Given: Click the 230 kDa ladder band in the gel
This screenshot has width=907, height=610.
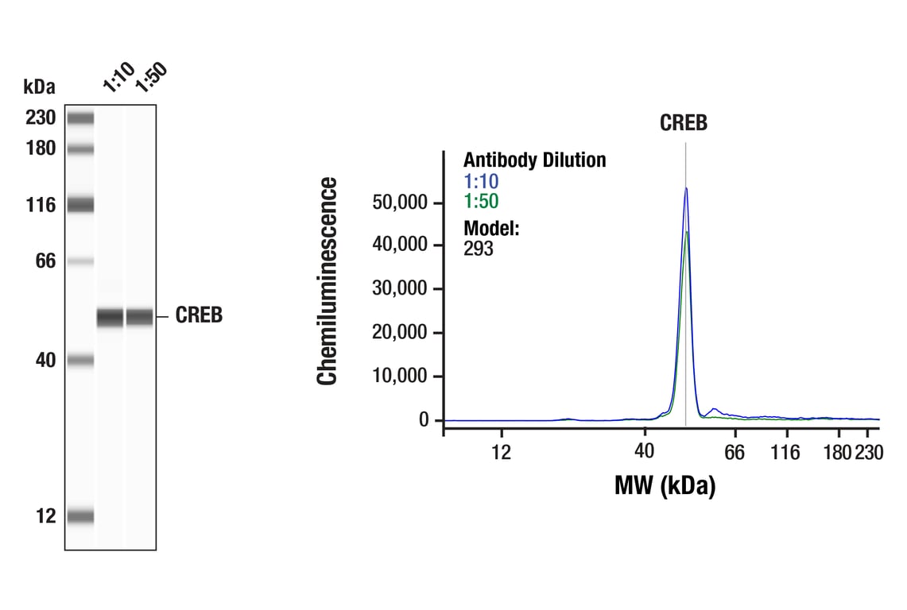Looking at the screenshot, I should point(80,118).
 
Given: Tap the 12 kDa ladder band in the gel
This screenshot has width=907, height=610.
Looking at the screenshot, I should point(80,516).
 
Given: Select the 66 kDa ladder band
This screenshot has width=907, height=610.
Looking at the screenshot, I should point(80,261).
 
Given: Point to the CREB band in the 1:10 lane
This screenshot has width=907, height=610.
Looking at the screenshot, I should point(110,317).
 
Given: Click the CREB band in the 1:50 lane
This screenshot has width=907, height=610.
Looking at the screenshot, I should point(140,317).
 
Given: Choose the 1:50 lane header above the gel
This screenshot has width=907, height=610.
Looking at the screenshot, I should point(150,77).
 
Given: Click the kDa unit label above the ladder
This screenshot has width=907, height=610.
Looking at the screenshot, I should point(39,86).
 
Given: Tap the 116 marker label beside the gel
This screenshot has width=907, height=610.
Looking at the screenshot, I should point(39,206).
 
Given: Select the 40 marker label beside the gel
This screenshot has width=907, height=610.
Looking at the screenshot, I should point(45,361).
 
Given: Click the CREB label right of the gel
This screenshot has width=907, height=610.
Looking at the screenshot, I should point(199,316).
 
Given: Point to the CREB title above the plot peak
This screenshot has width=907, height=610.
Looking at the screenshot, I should point(684,123).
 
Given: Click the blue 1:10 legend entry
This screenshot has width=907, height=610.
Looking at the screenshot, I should point(481,182).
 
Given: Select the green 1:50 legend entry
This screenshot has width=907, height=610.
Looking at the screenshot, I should point(481,201).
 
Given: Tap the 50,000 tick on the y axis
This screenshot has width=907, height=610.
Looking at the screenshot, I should point(400,203).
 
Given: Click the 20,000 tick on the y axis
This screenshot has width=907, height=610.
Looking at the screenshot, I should point(400,333).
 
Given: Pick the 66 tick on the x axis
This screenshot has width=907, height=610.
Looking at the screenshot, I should point(735,453).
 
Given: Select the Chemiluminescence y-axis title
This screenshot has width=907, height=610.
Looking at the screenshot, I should point(328,282).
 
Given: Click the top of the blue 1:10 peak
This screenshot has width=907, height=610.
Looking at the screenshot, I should point(685,188).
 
